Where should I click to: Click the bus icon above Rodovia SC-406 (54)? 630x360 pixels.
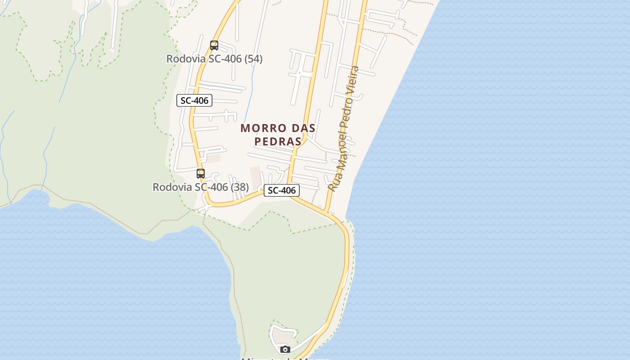click(x=214, y=45)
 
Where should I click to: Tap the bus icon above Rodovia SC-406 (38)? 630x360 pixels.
click(x=201, y=174)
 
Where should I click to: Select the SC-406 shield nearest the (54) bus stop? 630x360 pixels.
click(x=194, y=100)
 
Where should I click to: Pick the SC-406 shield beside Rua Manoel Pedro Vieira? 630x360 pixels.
click(x=282, y=190)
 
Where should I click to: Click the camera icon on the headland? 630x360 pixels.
click(x=285, y=349)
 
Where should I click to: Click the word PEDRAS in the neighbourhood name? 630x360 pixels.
click(x=278, y=141)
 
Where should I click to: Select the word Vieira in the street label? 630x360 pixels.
click(x=354, y=81)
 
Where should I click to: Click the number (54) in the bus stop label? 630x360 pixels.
click(x=253, y=59)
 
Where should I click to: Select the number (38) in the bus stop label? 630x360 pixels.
click(x=240, y=187)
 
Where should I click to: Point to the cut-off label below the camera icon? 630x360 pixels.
click(x=285, y=358)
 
